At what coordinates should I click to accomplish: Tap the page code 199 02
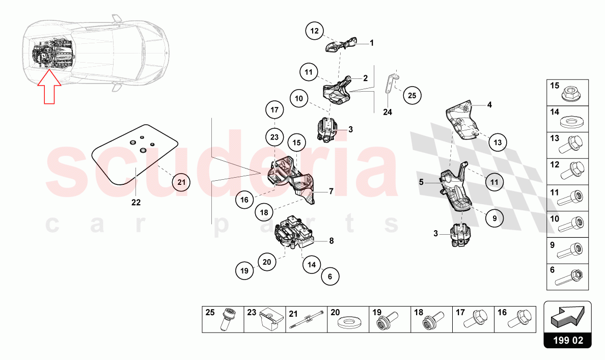[x=568, y=340]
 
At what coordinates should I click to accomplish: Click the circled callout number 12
[x=314, y=31]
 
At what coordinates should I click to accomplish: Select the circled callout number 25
[x=412, y=95]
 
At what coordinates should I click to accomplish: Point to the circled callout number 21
[x=181, y=182]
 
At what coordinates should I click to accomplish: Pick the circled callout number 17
[x=274, y=109]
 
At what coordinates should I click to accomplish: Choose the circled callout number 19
[x=244, y=270]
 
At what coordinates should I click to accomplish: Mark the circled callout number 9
[x=494, y=218]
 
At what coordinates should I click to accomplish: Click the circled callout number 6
[x=330, y=276]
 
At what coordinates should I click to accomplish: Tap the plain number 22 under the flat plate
[x=136, y=202]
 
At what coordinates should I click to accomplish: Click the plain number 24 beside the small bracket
[x=388, y=112]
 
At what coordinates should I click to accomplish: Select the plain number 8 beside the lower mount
[x=331, y=241]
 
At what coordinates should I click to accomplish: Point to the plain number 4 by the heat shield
[x=489, y=104]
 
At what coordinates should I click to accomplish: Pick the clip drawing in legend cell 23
[x=270, y=319]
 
